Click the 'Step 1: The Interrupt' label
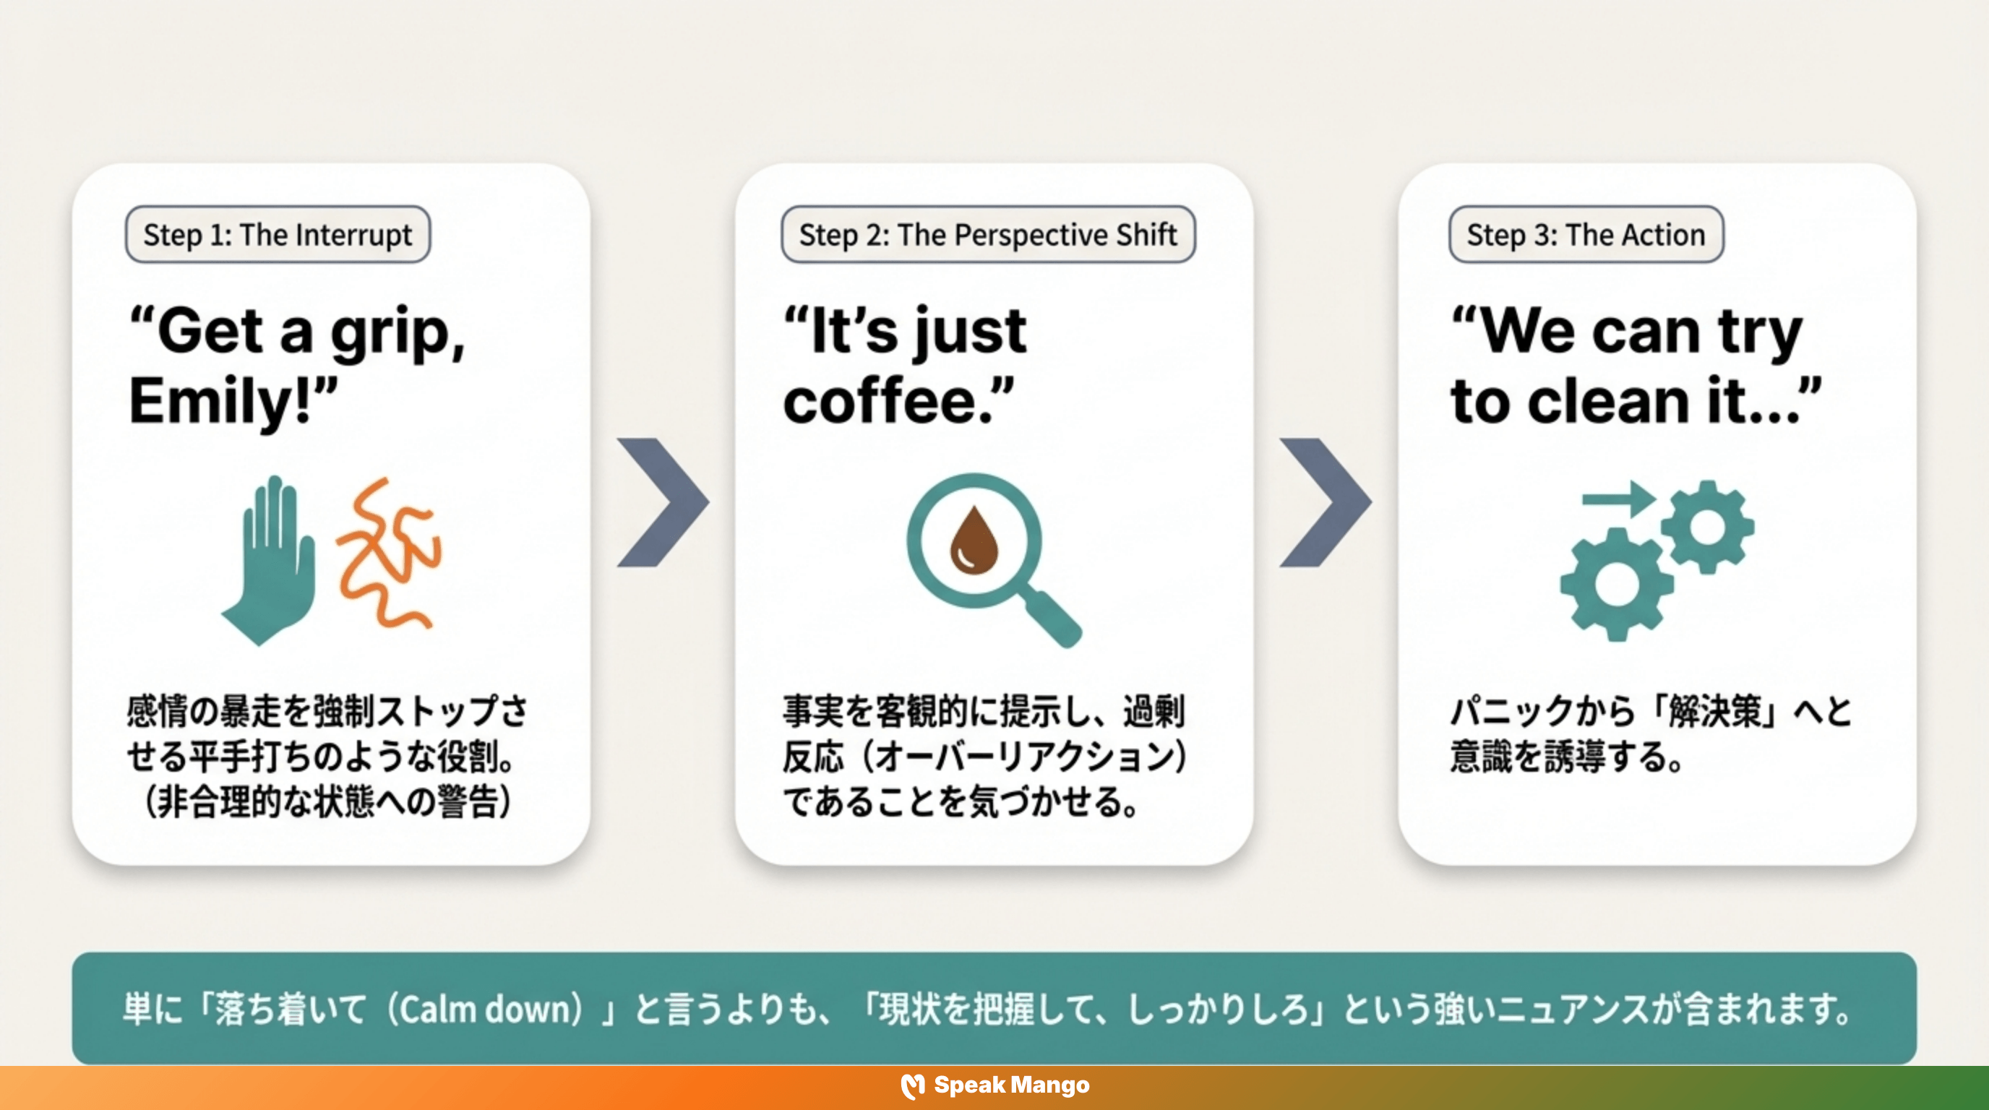tap(278, 235)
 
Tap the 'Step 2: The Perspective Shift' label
tap(987, 235)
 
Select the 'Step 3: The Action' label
tap(1586, 235)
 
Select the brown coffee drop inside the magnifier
tap(974, 541)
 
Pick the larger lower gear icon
tap(1616, 585)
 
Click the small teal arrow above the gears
tap(1618, 499)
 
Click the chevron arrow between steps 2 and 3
tap(1326, 502)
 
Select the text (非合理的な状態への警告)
tap(327, 801)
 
